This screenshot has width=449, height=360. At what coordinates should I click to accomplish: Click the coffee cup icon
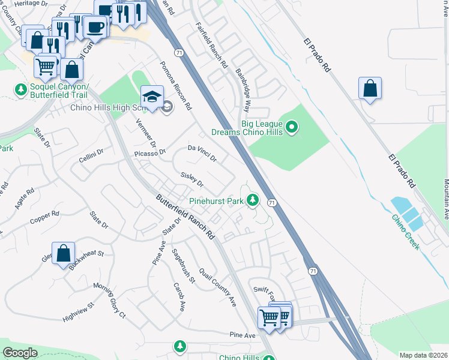click(x=94, y=27)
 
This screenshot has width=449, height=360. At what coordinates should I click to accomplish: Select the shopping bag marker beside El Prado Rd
click(x=370, y=89)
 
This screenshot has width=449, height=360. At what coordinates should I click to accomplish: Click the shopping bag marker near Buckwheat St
click(x=63, y=254)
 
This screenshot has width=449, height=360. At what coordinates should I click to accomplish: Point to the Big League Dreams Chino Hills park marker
click(x=292, y=127)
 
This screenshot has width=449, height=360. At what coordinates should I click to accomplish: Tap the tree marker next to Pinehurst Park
click(x=253, y=200)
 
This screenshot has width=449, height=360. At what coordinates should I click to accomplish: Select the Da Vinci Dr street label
click(x=202, y=152)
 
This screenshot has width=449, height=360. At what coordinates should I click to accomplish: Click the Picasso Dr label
click(x=150, y=155)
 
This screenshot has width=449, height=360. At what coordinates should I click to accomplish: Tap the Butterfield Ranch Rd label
click(x=185, y=217)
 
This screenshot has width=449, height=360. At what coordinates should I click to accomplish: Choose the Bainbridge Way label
click(x=243, y=90)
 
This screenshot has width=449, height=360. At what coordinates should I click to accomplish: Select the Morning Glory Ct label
click(x=110, y=299)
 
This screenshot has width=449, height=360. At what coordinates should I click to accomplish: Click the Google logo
click(x=20, y=353)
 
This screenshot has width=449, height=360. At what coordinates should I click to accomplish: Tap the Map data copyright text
click(x=423, y=355)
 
